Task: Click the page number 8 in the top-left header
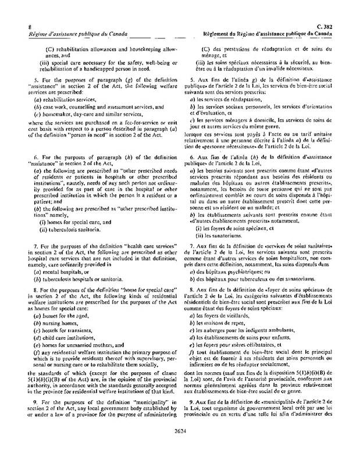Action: [x=21, y=27]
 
